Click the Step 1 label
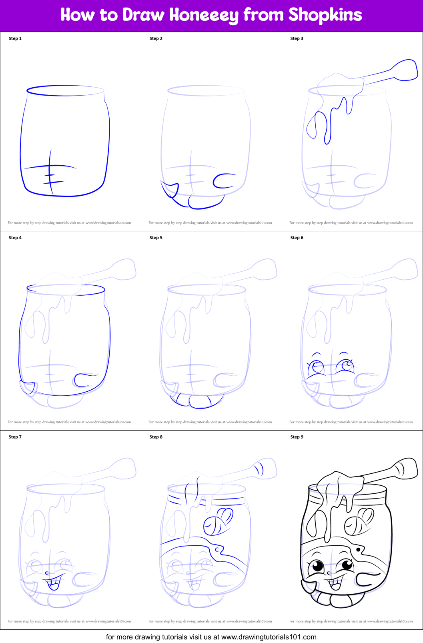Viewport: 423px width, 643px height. point(15,38)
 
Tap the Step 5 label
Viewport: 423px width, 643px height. point(156,238)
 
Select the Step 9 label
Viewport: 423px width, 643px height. point(297,437)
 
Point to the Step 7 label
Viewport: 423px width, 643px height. point(15,437)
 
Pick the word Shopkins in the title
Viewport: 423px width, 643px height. point(325,15)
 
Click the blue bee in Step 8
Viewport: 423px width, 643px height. point(218,521)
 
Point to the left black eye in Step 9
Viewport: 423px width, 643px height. point(317,566)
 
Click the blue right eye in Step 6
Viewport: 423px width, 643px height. point(345,365)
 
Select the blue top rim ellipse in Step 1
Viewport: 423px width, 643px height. point(65,90)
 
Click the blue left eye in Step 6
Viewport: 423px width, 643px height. point(317,367)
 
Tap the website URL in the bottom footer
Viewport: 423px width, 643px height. point(269,637)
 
